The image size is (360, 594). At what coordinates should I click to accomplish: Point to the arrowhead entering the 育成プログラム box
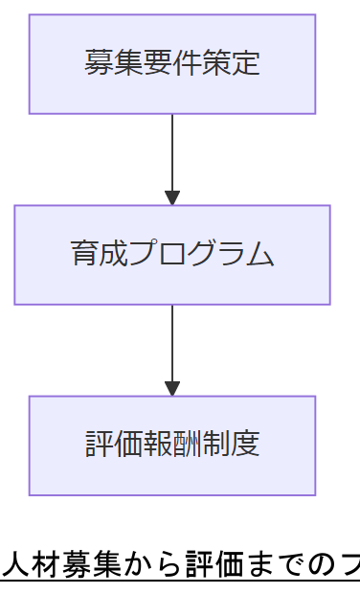click(172, 198)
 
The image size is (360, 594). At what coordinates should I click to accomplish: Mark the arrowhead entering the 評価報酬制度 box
click(172, 389)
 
